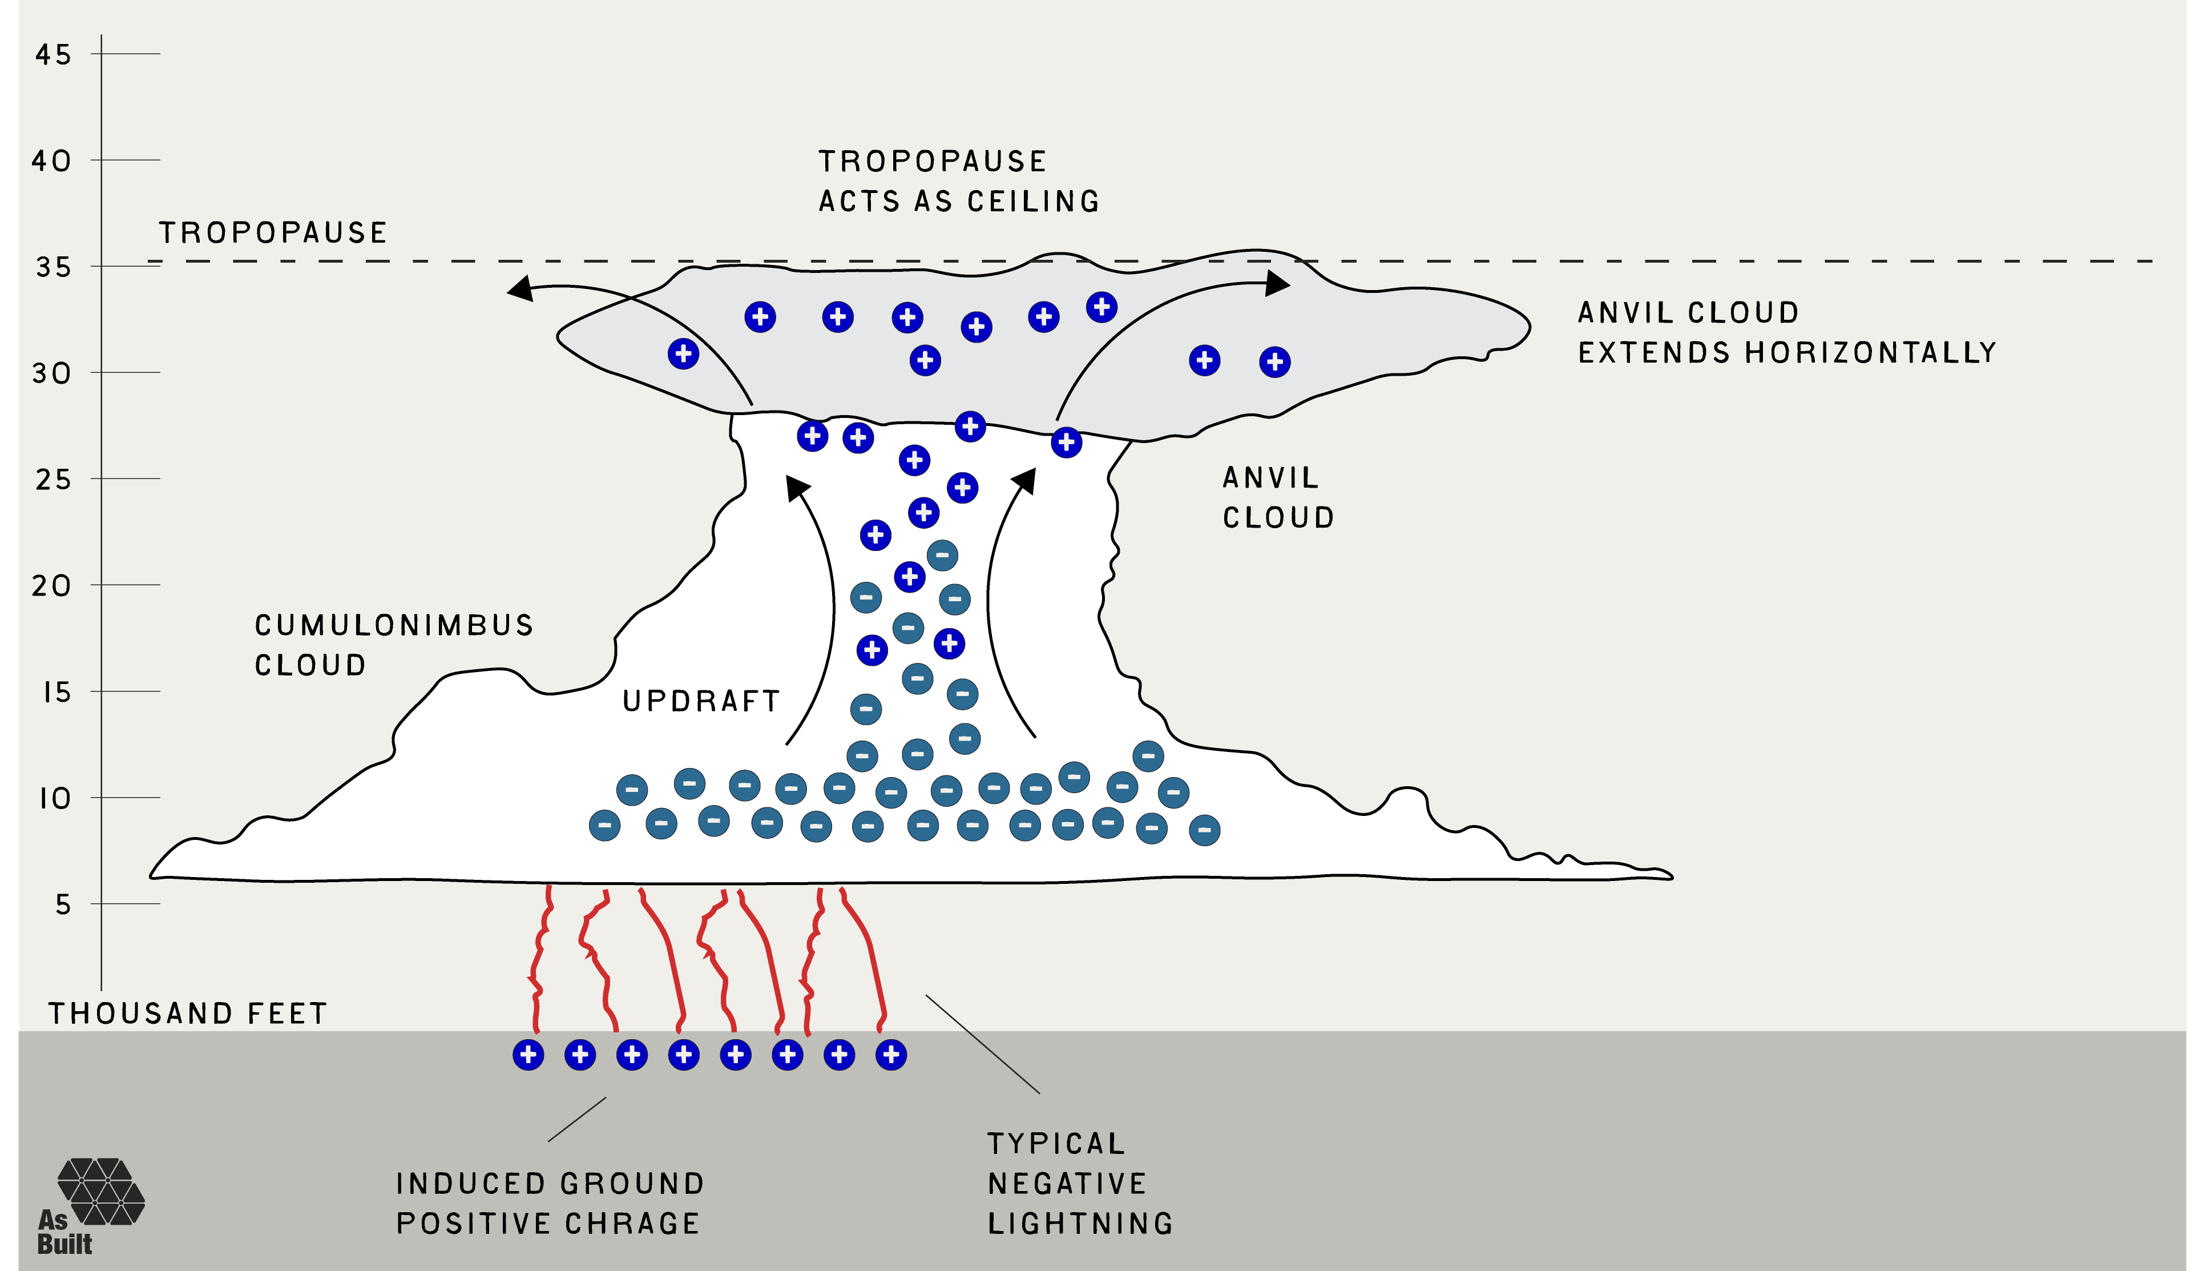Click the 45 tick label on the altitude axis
pos(53,55)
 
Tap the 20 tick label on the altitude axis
pos(52,586)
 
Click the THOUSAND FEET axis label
pos(187,1013)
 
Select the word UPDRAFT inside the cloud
pos(701,701)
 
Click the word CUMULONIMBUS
pos(394,625)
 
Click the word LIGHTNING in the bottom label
pos(1080,1223)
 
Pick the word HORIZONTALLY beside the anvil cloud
pos(1871,352)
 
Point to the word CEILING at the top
pos(1034,202)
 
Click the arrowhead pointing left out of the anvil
pos(520,288)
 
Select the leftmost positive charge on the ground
pos(528,1055)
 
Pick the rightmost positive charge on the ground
pos(891,1055)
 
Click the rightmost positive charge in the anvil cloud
pos(1275,362)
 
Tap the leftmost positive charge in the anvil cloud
pos(684,353)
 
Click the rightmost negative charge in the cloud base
pos(1205,830)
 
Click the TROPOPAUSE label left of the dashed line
pos(272,232)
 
